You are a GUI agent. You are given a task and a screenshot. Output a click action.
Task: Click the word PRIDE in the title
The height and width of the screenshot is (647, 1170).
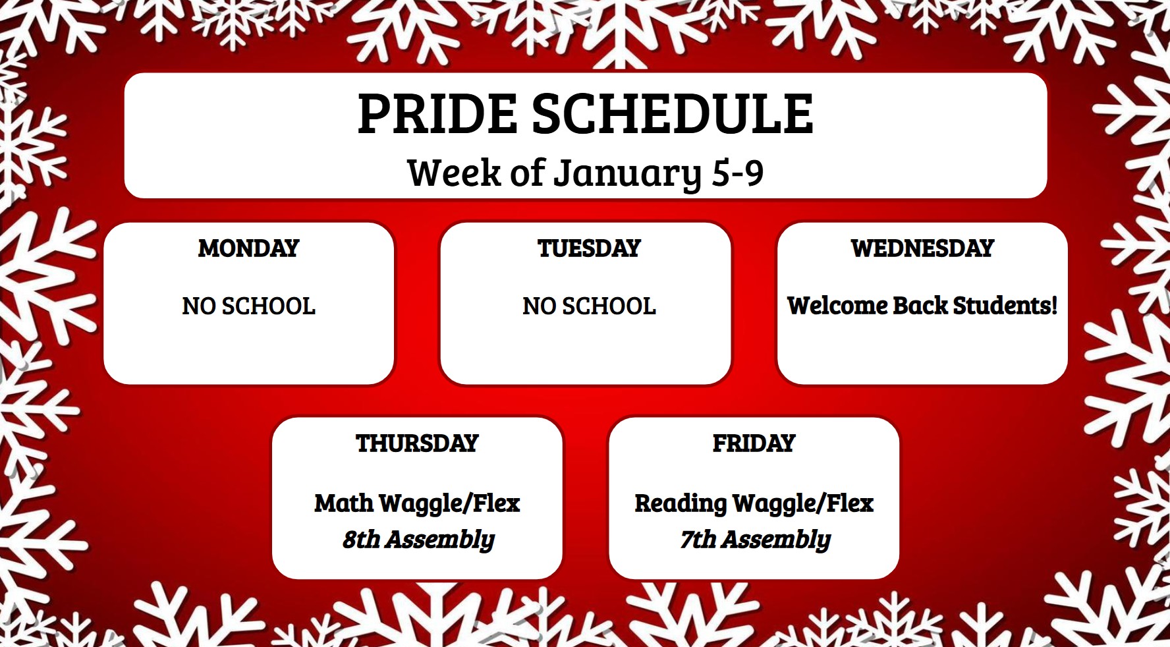[437, 113]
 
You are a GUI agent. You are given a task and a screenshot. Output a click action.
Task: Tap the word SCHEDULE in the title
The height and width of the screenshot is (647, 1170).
[672, 113]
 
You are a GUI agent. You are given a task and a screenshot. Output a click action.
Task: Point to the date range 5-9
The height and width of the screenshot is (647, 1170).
[738, 173]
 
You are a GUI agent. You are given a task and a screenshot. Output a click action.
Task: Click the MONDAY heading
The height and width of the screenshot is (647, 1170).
[248, 248]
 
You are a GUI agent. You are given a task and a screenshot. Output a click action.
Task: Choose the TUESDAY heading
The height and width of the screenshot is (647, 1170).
[589, 248]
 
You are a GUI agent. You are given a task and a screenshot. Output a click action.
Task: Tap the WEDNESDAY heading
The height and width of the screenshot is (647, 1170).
[922, 248]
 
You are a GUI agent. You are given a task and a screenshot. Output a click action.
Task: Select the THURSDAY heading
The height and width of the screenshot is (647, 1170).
[417, 443]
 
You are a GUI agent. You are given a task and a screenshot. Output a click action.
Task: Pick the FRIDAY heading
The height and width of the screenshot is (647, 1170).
[754, 443]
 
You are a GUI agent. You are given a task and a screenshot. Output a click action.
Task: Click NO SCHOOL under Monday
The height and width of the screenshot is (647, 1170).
[248, 306]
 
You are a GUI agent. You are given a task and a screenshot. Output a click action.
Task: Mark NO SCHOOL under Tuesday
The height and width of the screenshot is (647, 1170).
[589, 306]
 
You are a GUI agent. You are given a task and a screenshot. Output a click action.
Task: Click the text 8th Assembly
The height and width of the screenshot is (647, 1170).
[418, 540]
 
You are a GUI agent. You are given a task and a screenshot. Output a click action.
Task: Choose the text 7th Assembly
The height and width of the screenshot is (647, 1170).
[755, 540]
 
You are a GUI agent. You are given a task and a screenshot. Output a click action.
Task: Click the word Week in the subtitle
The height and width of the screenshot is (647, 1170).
[454, 173]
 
